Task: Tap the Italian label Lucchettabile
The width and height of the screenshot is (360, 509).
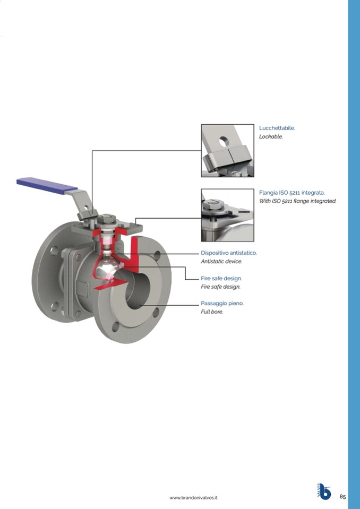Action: pos(277,128)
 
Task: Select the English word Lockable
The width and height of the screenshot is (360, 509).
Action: pos(271,136)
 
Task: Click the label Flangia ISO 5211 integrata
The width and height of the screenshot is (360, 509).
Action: pos(292,193)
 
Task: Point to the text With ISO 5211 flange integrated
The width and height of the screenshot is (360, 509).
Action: pos(298,201)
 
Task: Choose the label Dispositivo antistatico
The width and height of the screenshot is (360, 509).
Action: pos(229,253)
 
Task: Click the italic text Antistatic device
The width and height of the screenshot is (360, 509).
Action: pos(221,261)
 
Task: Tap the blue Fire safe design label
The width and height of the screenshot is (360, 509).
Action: pos(221,279)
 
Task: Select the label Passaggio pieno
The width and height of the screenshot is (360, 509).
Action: pos(222,304)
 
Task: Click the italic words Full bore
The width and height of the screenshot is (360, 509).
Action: pos(212,312)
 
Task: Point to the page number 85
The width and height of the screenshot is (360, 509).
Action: pos(343,497)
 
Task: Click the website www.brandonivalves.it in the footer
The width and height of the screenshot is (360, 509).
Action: pos(193,498)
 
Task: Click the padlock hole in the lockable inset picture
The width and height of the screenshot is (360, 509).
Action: pos(224,142)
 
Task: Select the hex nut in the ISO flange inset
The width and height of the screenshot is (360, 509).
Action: pos(212,204)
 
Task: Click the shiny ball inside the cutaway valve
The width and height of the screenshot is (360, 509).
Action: pos(107,268)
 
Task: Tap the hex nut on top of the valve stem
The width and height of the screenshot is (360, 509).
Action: pos(107,218)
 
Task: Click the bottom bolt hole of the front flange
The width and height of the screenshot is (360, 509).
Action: pos(115,326)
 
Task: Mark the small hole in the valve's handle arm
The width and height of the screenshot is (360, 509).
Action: pos(86,207)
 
